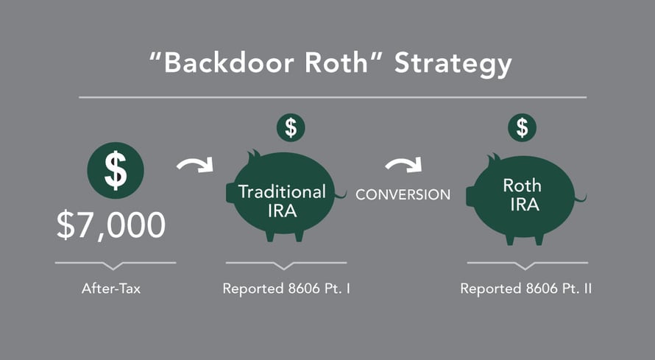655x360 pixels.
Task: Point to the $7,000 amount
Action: [x=111, y=225]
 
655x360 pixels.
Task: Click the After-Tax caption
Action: [x=111, y=289]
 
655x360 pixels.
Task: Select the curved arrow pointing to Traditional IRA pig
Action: [x=194, y=163]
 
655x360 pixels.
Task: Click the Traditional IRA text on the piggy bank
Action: [x=282, y=201]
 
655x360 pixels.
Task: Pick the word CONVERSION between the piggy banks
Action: [x=403, y=195]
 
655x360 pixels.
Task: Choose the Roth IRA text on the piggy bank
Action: [x=522, y=195]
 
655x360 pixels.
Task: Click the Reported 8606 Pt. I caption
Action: [x=286, y=289]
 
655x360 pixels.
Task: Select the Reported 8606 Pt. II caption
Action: [x=526, y=289]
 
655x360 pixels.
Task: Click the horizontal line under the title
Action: [x=332, y=97]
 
